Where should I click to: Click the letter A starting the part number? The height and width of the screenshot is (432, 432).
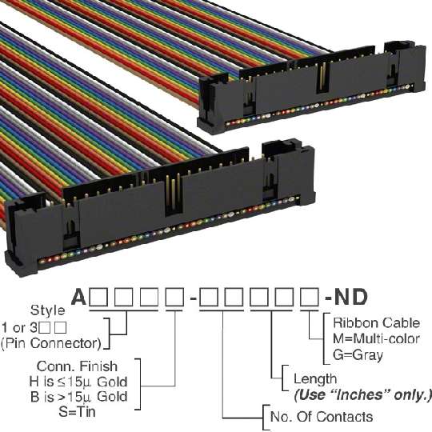tap(79, 298)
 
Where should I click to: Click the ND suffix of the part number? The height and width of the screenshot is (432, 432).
tap(350, 298)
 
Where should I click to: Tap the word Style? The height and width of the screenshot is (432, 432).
tap(48, 310)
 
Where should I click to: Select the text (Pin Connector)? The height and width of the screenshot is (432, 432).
tap(51, 343)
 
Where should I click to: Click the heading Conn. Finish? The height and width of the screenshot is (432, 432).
tap(77, 366)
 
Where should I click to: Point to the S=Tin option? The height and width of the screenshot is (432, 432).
tap(77, 412)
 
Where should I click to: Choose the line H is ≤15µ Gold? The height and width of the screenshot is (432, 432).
tap(78, 382)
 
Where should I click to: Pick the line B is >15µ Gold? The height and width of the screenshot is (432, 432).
tap(79, 397)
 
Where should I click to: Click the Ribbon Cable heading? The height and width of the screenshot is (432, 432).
tap(376, 323)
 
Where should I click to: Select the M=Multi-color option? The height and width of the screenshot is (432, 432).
tap(376, 338)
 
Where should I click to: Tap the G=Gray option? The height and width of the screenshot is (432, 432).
tap(358, 355)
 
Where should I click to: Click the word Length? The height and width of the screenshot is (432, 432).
tap(315, 379)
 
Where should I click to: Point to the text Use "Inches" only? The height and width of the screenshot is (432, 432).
tap(362, 395)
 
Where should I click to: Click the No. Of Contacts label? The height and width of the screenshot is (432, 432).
tap(322, 417)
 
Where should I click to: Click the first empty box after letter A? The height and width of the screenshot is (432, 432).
tap(98, 298)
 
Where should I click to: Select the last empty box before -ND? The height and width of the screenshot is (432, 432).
tap(310, 298)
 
